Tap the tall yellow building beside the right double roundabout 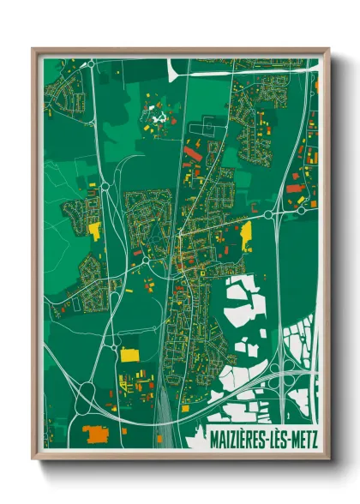click(247, 233)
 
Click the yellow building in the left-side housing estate click(94, 230)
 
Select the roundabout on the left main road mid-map click(105, 184)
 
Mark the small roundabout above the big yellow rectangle click(114, 343)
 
